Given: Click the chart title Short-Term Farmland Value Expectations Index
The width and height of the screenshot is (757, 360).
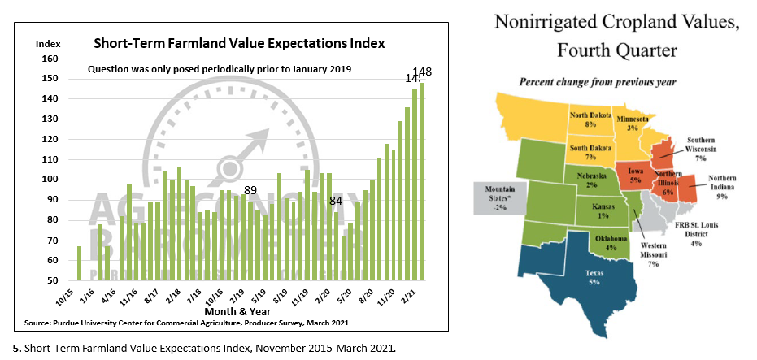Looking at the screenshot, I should pos(239,43).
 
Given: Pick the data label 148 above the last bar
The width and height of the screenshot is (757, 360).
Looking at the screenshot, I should pos(422,72).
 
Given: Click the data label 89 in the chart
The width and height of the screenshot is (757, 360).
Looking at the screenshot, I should pos(250,190).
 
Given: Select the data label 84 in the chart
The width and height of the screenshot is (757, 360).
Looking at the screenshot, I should pos(335,200).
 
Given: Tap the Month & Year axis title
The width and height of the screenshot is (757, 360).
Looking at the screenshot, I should pos(237,311).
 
